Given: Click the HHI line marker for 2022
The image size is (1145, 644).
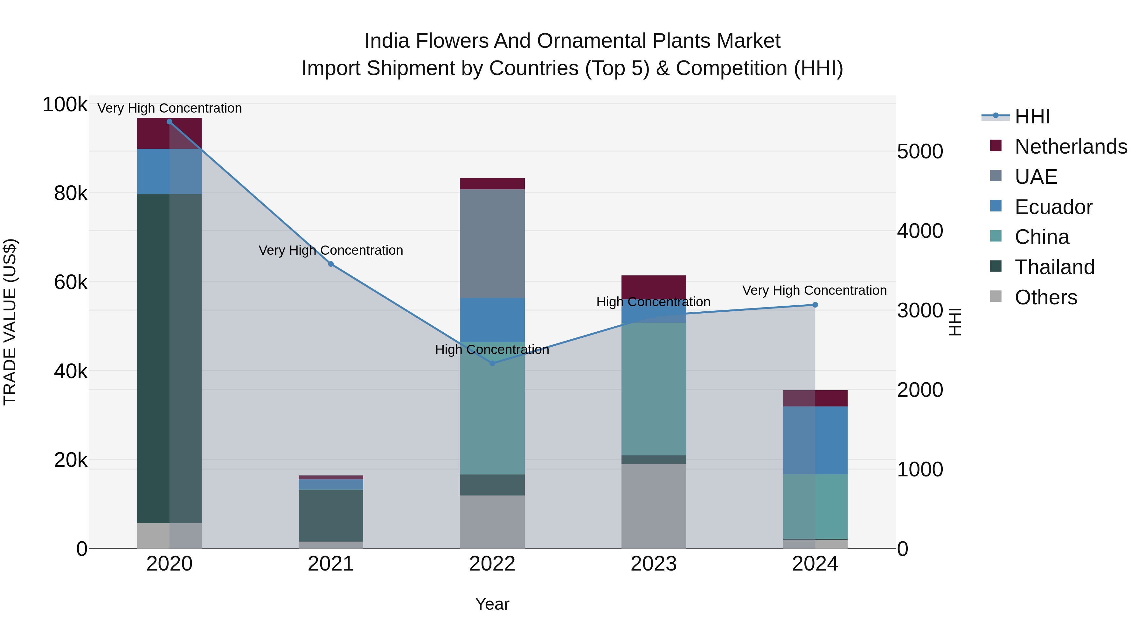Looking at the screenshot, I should [492, 363].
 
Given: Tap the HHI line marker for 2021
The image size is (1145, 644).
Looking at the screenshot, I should [331, 264].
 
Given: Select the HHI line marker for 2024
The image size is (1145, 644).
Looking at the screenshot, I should [815, 305].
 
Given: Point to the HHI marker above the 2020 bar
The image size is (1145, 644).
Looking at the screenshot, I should [169, 122].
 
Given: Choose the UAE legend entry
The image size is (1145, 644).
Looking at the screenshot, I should [1036, 177].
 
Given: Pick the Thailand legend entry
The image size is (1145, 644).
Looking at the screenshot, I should [1054, 267].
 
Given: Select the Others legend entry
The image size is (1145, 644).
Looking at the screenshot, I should [1045, 297].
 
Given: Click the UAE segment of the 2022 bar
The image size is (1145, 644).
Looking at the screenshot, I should [492, 244].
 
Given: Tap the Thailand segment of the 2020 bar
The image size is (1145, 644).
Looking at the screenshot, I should [169, 358].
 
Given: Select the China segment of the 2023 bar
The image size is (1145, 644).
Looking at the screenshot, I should [653, 389].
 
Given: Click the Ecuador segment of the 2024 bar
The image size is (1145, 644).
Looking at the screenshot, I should [815, 440].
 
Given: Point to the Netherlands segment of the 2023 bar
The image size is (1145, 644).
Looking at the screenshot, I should [653, 287].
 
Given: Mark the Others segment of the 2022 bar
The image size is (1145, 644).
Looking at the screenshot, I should [492, 522].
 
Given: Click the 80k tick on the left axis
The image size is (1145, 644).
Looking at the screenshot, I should [71, 193].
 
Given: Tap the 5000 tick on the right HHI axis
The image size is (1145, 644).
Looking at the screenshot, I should [919, 152].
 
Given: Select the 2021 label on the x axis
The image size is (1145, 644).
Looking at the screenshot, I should [331, 564].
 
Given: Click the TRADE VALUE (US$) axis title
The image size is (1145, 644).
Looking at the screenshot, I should [10, 322].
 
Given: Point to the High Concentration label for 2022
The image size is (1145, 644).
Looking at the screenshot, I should [492, 350].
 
